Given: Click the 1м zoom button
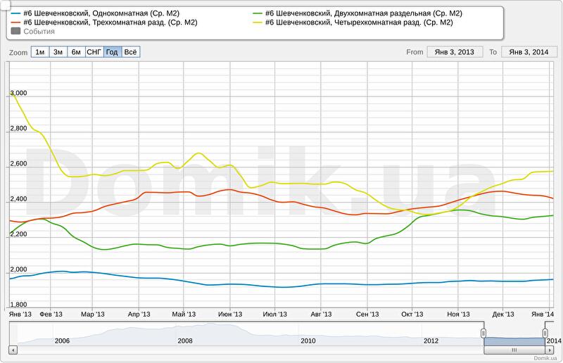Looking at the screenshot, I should pyautogui.click(x=40, y=52).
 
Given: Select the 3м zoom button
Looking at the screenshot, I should pyautogui.click(x=58, y=52).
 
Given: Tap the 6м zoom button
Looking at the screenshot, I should pyautogui.click(x=76, y=52).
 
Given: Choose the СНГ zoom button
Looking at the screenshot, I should pyautogui.click(x=94, y=52).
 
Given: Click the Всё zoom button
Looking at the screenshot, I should pyautogui.click(x=130, y=52).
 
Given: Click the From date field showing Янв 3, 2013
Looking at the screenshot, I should pyautogui.click(x=455, y=52).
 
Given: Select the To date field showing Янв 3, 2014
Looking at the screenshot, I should pyautogui.click(x=529, y=52).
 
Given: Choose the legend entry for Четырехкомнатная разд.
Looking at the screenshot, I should pyautogui.click(x=358, y=23).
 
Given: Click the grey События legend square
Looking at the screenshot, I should pyautogui.click(x=16, y=32).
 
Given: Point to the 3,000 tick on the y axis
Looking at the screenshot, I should pyautogui.click(x=18, y=93).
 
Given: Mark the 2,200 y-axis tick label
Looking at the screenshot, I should pyautogui.click(x=18, y=234).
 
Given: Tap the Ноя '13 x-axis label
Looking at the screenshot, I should pyautogui.click(x=458, y=314).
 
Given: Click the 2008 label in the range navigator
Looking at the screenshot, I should pyautogui.click(x=185, y=340).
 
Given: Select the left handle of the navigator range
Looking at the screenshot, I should pyautogui.click(x=483, y=332).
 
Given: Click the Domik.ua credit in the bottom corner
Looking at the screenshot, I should pyautogui.click(x=546, y=358).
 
